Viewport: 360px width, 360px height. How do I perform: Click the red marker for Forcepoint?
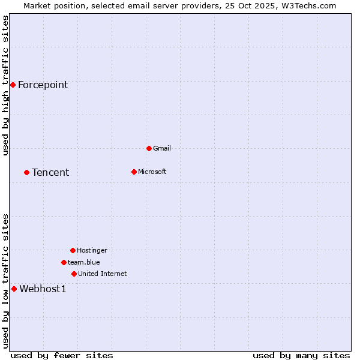13,85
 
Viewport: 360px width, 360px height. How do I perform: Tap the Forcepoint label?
43,85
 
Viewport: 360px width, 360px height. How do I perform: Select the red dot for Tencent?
26,172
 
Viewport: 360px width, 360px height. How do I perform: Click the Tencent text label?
50,173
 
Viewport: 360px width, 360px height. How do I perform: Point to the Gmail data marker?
149,148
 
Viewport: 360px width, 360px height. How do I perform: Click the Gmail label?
162,148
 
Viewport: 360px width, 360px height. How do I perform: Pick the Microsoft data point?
134,172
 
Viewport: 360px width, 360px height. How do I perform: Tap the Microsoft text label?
152,172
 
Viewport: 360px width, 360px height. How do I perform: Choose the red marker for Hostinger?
73,250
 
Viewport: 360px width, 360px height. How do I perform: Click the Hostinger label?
92,250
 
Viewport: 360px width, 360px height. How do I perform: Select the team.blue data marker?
64,262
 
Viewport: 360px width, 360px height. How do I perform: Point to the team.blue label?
84,262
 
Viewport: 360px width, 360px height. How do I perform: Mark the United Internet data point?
74,274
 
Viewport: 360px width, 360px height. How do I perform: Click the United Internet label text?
102,274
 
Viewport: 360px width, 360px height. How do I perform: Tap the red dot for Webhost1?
14,289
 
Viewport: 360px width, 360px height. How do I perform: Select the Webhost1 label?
43,289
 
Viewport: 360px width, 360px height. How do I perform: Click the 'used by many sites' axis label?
301,355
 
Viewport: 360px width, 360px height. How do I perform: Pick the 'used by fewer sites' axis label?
62,355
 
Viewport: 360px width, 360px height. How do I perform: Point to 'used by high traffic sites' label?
5,85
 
